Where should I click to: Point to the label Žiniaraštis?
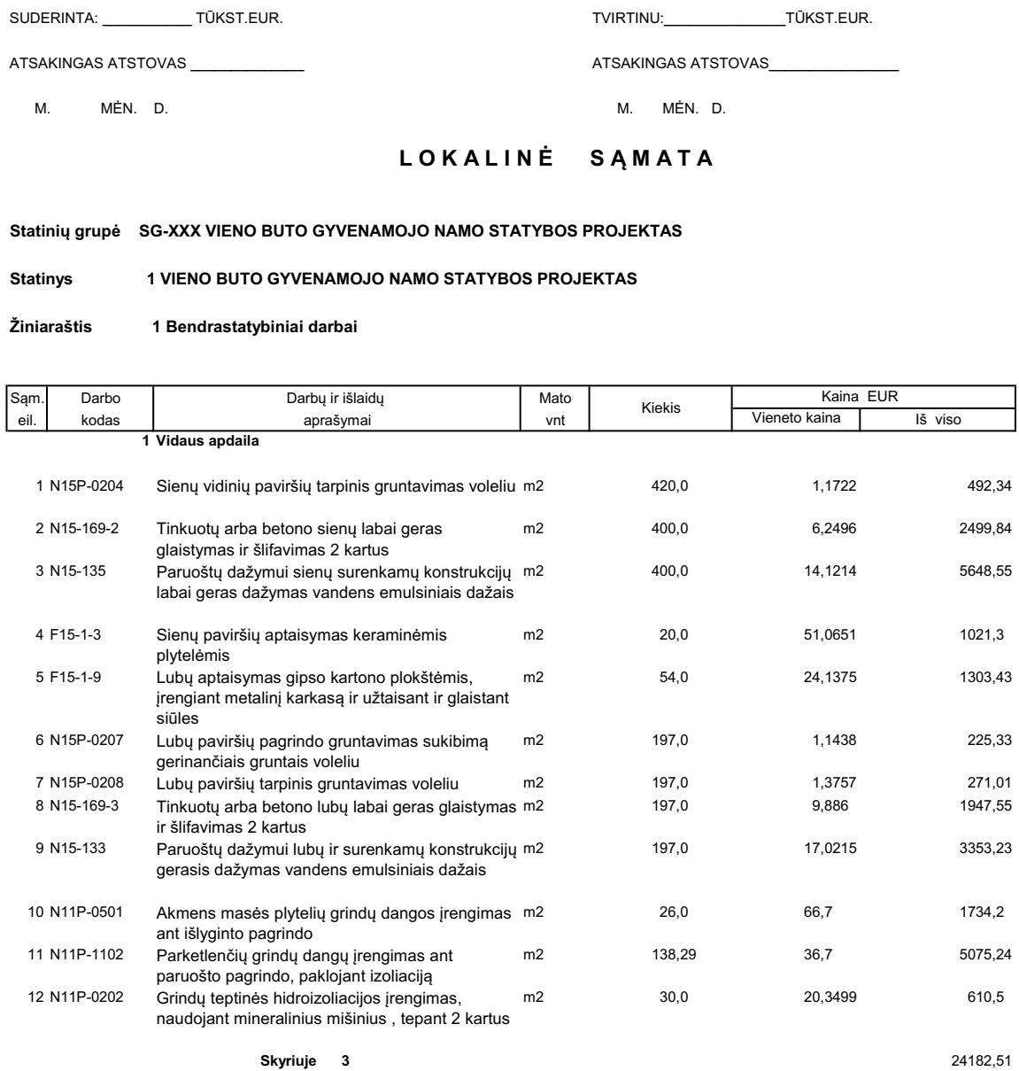point(50,328)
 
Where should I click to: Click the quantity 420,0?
point(669,485)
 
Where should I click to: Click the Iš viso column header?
point(939,418)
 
